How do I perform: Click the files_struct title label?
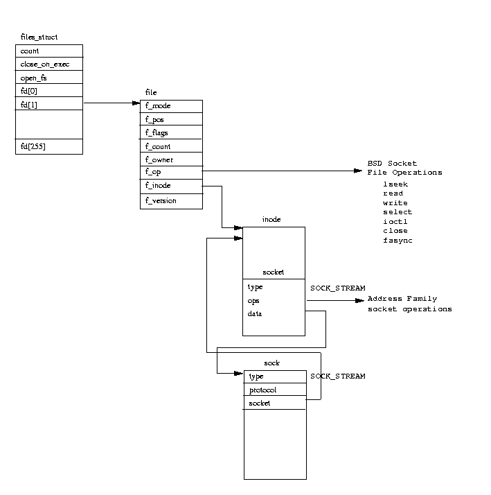coord(39,37)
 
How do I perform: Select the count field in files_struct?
coord(30,51)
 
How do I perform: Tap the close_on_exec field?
coord(45,64)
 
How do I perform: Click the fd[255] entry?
coord(34,146)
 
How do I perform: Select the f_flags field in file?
coord(157,132)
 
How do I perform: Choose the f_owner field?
coord(159,159)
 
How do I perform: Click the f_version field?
coord(161,200)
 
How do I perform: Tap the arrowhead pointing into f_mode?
coord(136,104)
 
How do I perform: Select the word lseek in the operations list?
coord(395,184)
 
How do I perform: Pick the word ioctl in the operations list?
coord(395,221)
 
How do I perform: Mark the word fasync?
coord(398,240)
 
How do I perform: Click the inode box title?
coord(271,219)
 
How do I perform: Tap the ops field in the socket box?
coord(253,301)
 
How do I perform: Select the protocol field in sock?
coord(262,390)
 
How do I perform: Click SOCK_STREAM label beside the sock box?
coord(337,376)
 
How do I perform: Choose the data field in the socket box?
coord(255,314)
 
